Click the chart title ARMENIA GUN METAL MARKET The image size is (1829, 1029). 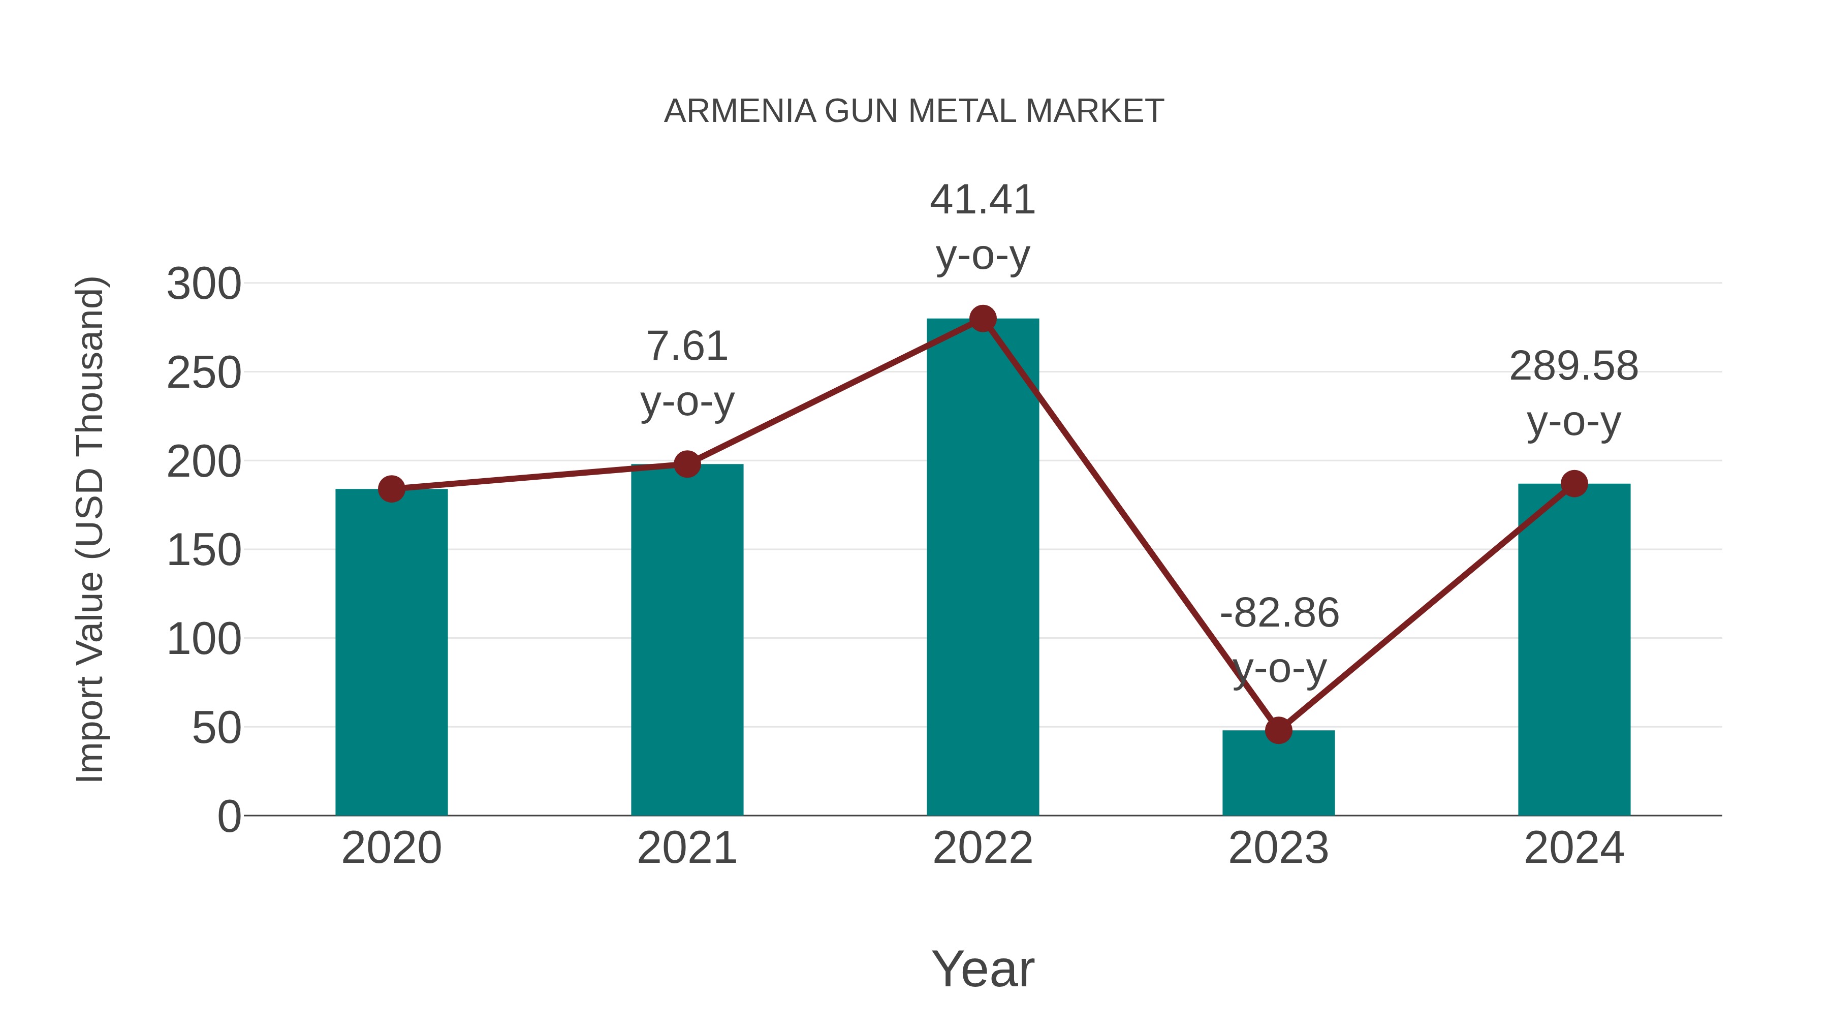point(914,111)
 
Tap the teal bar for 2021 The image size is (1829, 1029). point(686,639)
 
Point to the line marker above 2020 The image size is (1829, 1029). point(391,488)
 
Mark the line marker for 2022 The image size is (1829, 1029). point(983,319)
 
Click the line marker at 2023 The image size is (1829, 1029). point(1278,730)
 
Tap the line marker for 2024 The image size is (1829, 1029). point(1574,484)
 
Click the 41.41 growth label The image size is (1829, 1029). point(983,200)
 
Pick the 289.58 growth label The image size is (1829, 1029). point(1573,366)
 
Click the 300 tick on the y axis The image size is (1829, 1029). point(204,284)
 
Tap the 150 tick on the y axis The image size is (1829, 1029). point(204,550)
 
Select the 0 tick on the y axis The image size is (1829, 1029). point(229,816)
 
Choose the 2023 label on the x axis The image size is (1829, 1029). point(1278,848)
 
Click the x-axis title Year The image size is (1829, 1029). point(983,969)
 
